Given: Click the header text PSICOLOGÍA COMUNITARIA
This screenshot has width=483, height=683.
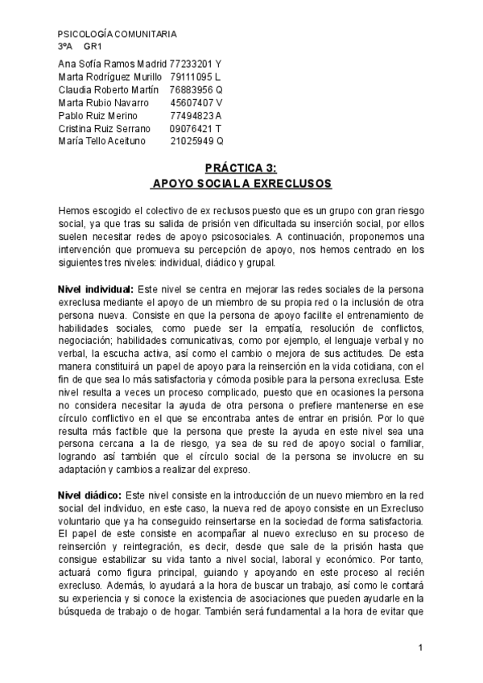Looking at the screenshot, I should click(118, 35).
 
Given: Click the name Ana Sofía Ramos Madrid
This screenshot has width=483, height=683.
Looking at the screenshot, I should click(113, 63).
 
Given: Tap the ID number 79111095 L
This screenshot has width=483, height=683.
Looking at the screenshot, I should click(196, 77).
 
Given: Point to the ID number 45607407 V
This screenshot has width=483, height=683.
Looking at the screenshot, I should click(196, 102).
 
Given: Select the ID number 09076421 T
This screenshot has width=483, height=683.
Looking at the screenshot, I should click(196, 129).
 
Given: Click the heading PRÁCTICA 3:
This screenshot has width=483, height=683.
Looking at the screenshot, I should click(241, 168).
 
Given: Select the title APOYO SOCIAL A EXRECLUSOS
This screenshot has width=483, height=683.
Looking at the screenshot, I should click(241, 184).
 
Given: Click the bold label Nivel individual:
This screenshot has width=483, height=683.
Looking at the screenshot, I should click(96, 288).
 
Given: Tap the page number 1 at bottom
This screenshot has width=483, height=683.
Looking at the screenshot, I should click(420, 648).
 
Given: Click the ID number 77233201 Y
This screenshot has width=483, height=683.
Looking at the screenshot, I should click(196, 63).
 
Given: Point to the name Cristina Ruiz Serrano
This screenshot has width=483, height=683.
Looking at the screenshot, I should click(105, 129).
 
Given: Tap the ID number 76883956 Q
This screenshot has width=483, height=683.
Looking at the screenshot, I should click(196, 89).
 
